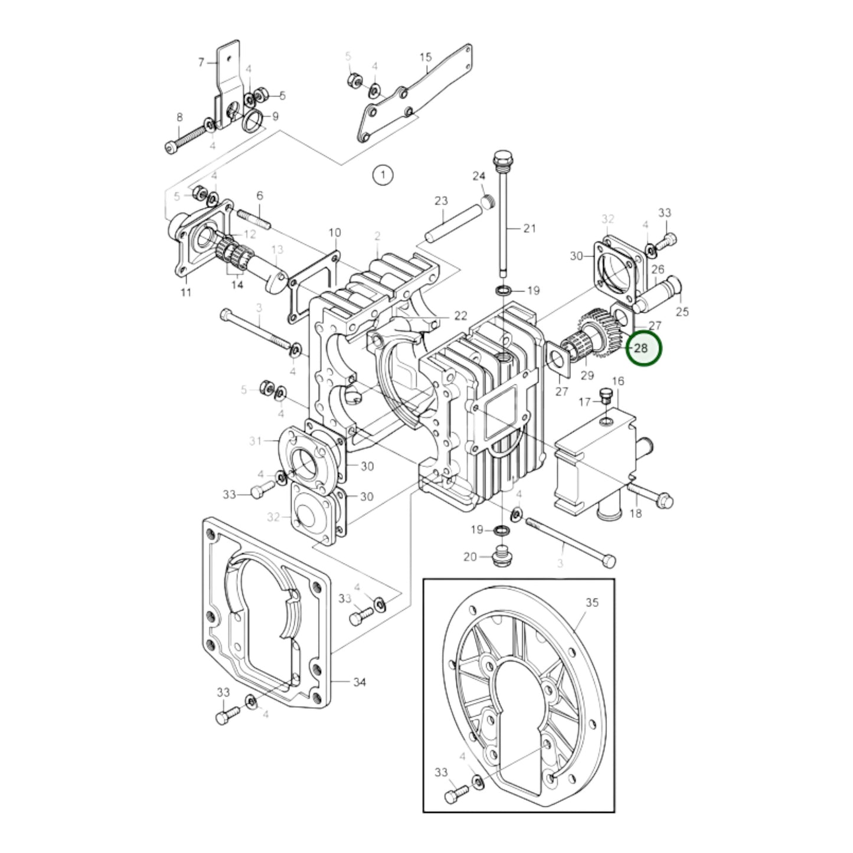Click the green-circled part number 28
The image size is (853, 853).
(640, 348)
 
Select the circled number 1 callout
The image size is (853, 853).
(383, 175)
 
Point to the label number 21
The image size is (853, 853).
(530, 228)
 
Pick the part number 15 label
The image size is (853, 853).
(426, 57)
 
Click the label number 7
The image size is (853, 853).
(201, 61)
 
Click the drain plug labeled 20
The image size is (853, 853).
(501, 556)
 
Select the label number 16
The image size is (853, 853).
(617, 381)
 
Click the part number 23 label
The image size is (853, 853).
(441, 201)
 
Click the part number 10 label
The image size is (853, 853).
(335, 233)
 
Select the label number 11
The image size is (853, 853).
(186, 292)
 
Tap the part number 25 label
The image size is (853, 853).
(682, 311)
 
